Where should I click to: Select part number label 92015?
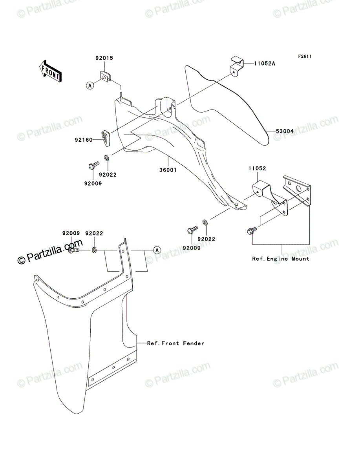click(x=104, y=58)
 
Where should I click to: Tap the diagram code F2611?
click(x=305, y=57)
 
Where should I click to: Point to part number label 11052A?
click(x=265, y=64)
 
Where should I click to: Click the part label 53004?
click(x=285, y=131)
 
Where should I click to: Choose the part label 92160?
click(x=84, y=140)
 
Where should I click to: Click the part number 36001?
click(x=168, y=170)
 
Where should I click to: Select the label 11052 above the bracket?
click(x=257, y=169)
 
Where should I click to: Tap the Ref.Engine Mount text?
click(x=281, y=259)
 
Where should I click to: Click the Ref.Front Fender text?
click(x=175, y=343)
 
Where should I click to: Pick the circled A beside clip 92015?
click(x=90, y=86)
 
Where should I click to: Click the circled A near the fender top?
click(x=157, y=250)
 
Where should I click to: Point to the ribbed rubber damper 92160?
click(x=105, y=139)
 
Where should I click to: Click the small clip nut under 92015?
click(x=106, y=77)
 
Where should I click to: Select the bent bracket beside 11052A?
click(x=237, y=67)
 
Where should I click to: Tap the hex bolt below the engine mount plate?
click(x=252, y=231)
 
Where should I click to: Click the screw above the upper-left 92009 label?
click(x=94, y=165)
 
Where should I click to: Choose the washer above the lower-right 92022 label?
click(x=205, y=222)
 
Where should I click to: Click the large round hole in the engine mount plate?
click(x=299, y=189)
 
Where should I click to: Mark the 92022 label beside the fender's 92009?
click(x=94, y=233)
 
